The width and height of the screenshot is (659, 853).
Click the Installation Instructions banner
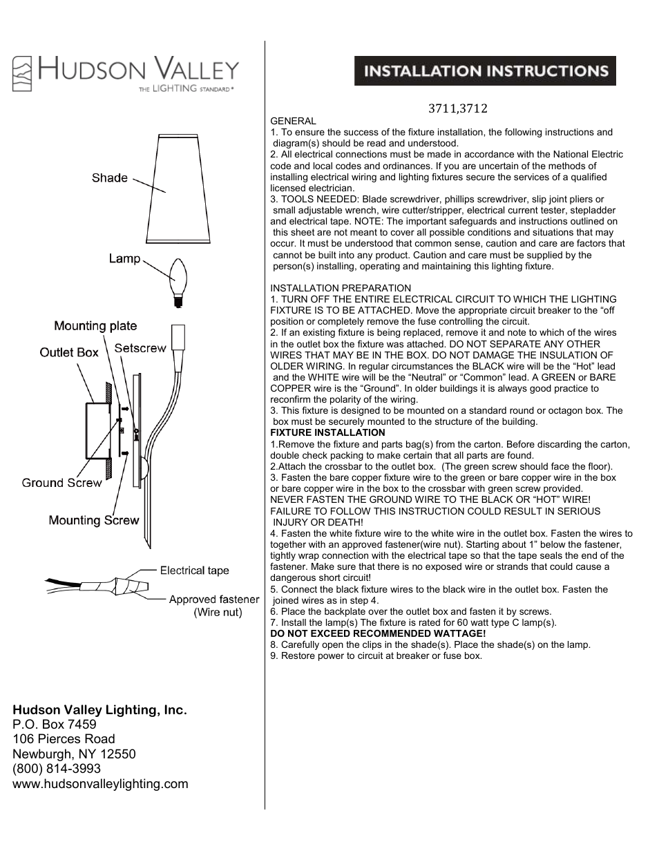(x=485, y=71)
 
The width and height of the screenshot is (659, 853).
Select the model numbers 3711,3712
(x=457, y=108)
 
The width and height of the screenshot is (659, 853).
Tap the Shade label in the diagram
(x=109, y=178)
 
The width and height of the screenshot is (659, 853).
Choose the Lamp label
(x=124, y=258)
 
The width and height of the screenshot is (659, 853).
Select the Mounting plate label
(x=95, y=325)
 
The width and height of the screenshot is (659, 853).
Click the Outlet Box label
(x=69, y=352)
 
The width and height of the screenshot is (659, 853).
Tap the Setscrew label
(x=140, y=348)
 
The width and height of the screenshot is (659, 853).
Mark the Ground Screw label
(x=61, y=483)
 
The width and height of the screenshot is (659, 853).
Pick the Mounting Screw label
(x=94, y=520)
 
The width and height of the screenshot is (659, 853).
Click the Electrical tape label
(x=194, y=571)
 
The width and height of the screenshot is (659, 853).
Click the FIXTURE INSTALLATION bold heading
(x=327, y=432)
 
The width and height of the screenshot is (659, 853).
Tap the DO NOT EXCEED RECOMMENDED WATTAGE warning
(x=378, y=633)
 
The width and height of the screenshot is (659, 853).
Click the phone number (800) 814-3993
(x=57, y=769)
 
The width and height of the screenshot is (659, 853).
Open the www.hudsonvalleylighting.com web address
(x=100, y=784)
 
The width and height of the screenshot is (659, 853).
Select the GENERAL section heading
(x=293, y=121)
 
